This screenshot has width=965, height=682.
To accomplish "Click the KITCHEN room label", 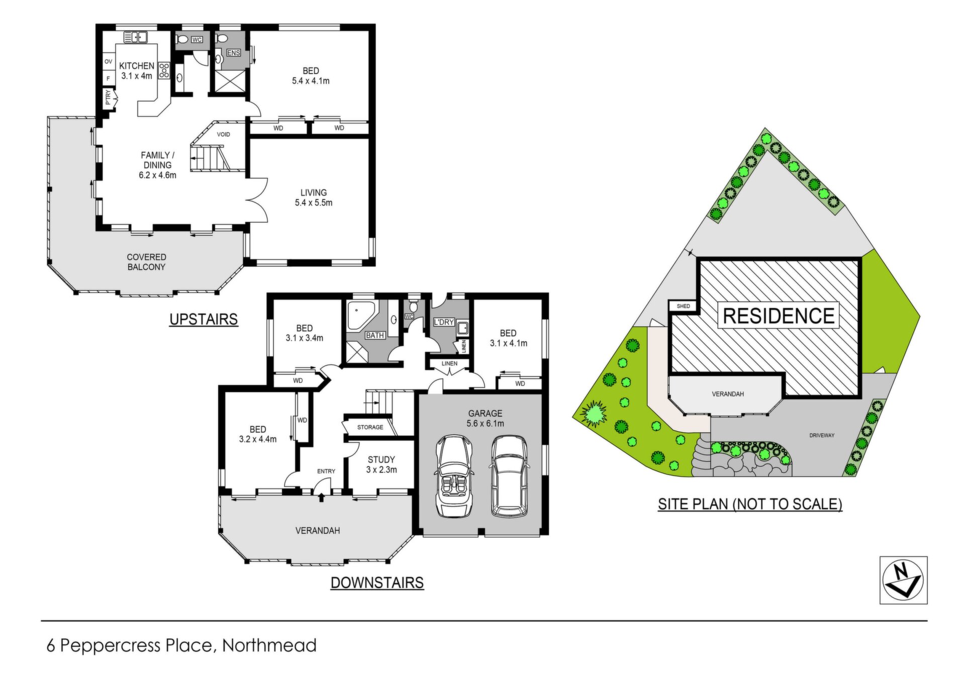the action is pos(137,66).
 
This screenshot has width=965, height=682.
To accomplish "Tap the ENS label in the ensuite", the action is pos(233,53).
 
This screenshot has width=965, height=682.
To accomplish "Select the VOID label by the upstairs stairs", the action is pos(224,134).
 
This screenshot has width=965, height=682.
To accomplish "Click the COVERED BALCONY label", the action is pos(146,262).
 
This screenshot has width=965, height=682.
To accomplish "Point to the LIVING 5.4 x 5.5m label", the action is pos(314,198).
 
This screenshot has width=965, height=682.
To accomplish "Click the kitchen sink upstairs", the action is pos(135,37).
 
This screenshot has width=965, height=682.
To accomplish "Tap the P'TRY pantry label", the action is pos(108,98).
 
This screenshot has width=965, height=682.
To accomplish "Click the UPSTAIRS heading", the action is pos(204,319).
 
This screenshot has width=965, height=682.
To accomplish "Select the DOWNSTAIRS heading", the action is pos(377,582).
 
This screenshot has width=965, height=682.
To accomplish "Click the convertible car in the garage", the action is pos(455,475).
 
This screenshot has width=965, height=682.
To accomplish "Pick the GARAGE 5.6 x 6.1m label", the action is pos(485,418).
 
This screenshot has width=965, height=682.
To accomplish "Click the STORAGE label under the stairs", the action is pos(370,427).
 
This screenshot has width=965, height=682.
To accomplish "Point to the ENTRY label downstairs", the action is pos(326,471).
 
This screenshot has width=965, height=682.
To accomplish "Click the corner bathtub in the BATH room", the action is pos(360,316).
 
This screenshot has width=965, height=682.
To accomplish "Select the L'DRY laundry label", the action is pos(444,322).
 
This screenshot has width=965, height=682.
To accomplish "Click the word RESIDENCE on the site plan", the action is pos(779,316).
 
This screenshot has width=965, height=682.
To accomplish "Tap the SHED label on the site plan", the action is pos(684,306).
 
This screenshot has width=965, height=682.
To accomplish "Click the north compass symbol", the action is pos(903,580).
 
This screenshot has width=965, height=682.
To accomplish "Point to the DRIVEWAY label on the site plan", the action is pos(822,435).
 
